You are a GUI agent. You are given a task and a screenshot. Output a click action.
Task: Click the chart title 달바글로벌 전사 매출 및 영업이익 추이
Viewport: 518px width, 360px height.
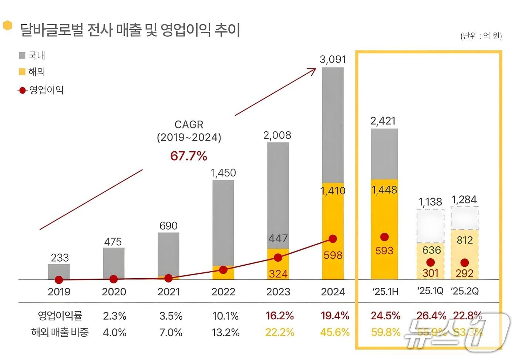(129, 30)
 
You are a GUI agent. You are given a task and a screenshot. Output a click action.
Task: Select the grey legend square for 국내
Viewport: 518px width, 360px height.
(22, 55)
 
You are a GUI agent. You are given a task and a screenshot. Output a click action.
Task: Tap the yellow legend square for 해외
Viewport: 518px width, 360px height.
(22, 72)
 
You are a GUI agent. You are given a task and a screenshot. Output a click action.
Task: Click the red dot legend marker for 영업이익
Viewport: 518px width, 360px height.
(23, 90)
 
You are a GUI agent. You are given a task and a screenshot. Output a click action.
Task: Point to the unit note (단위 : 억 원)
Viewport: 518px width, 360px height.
(481, 36)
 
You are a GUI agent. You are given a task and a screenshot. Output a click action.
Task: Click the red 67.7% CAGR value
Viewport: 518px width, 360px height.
(189, 156)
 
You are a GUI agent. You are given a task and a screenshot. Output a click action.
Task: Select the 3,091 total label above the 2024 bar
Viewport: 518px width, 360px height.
(333, 59)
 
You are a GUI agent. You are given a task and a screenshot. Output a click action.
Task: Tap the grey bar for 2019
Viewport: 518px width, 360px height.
(59, 271)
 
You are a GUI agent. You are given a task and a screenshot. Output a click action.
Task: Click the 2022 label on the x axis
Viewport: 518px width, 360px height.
(223, 292)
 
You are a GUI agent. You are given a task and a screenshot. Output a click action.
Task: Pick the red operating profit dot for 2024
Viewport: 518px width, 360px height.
(333, 239)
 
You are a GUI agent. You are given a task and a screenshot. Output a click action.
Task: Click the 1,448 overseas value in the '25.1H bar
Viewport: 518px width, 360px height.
(384, 190)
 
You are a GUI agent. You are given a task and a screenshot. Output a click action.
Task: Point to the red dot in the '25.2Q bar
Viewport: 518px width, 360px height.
(465, 263)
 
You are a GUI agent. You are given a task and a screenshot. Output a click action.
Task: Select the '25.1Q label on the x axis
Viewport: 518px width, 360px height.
(430, 291)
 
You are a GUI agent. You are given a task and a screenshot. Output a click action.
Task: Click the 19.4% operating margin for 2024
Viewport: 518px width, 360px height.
(335, 316)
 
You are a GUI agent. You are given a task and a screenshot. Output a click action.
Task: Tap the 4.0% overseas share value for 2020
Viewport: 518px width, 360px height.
(114, 332)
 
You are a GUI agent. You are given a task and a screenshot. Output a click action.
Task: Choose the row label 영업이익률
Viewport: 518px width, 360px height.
(60, 316)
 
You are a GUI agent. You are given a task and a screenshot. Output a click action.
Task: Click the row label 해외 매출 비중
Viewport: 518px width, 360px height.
(60, 332)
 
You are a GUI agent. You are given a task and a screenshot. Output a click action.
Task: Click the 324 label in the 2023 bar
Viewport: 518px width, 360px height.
(278, 274)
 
